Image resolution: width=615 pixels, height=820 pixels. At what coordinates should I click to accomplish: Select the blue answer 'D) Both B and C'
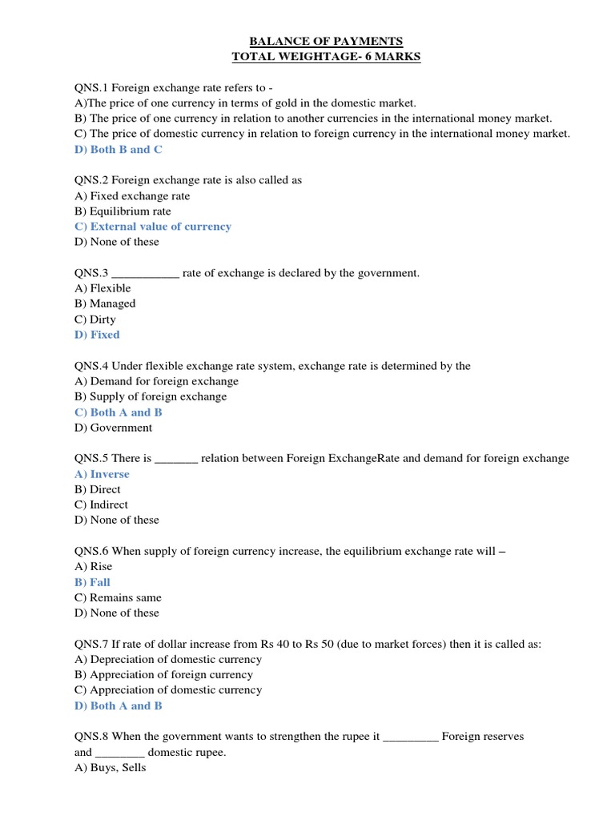(118, 150)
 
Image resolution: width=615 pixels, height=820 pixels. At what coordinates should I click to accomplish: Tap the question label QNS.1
(90, 87)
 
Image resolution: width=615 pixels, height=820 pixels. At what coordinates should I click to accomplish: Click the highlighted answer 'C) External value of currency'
(153, 227)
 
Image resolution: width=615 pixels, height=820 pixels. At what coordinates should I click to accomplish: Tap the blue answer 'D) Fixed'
(97, 335)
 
